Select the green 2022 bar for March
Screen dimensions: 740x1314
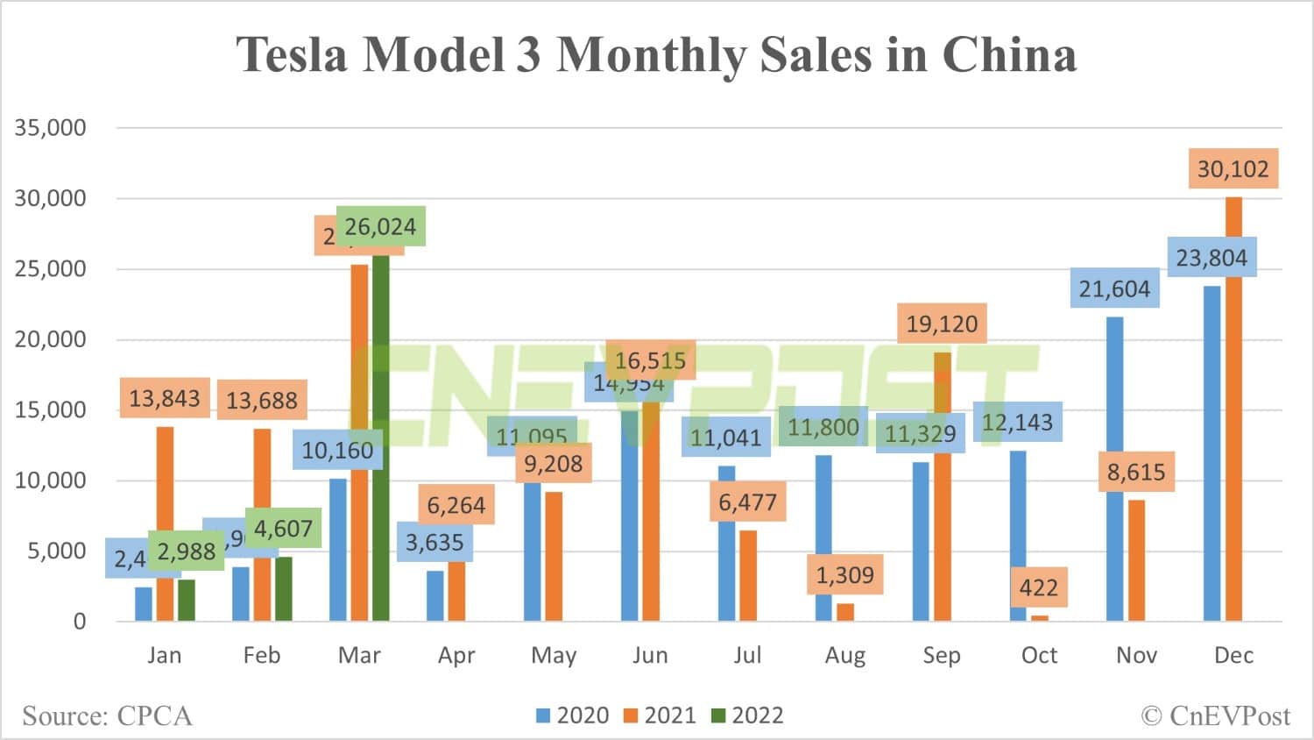pos(380,438)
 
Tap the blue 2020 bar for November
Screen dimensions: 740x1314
pos(1114,469)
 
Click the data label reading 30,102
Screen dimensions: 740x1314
pos(1233,169)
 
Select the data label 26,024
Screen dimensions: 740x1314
pos(380,227)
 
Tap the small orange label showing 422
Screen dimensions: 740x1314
pos(1038,587)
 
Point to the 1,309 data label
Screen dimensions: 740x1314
pos(845,575)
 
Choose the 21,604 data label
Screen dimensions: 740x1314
pos(1114,289)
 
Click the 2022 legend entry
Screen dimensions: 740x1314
pos(747,715)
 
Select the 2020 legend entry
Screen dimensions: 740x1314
pos(573,715)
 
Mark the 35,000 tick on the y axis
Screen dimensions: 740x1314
pos(51,128)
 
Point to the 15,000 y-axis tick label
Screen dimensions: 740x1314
pos(51,409)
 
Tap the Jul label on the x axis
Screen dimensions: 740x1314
pos(747,655)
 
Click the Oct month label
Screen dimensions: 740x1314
pos(1039,655)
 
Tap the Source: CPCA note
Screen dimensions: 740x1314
pos(107,716)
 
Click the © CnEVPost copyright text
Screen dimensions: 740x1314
pos(1215,716)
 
